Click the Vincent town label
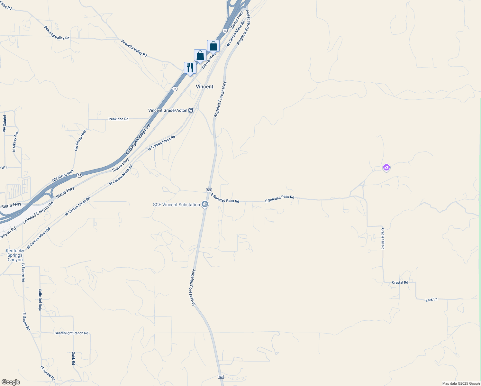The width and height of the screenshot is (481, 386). (x=204, y=87)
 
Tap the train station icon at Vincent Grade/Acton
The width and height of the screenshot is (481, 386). (x=191, y=110)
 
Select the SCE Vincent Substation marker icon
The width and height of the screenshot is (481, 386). (x=205, y=204)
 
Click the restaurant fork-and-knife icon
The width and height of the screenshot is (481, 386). (x=190, y=68)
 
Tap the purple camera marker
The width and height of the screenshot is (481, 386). (x=386, y=167)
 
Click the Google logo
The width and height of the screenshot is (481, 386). (x=11, y=382)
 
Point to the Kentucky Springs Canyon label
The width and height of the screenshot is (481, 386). (x=15, y=255)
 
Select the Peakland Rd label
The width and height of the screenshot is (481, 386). (x=118, y=119)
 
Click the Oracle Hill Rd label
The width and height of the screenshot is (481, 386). (x=383, y=239)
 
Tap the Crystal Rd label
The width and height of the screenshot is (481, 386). (x=400, y=282)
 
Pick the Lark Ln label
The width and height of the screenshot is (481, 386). (x=431, y=299)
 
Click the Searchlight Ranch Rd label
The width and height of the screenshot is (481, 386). (x=71, y=333)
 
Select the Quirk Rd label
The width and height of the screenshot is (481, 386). (x=74, y=358)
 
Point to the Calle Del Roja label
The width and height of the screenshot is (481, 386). (x=40, y=299)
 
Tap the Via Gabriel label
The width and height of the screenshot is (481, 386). (x=5, y=124)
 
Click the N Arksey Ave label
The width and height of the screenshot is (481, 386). (x=15, y=142)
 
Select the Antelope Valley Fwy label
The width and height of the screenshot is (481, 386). (x=138, y=140)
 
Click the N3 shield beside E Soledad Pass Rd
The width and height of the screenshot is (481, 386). (x=209, y=190)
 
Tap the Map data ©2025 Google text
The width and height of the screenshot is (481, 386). (x=461, y=383)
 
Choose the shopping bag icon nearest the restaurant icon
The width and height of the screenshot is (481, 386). (x=200, y=55)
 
